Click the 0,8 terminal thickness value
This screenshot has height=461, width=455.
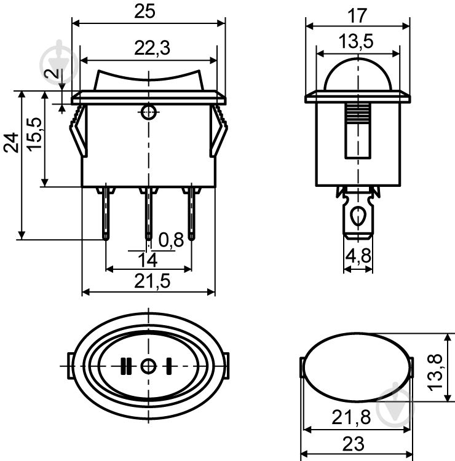(171, 239)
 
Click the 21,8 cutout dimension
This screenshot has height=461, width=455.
(354, 419)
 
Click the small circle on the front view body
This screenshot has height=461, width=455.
(148, 112)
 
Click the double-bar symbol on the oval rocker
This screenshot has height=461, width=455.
(126, 366)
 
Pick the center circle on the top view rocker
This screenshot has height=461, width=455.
(148, 366)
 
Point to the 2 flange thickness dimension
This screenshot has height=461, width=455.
(55, 77)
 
